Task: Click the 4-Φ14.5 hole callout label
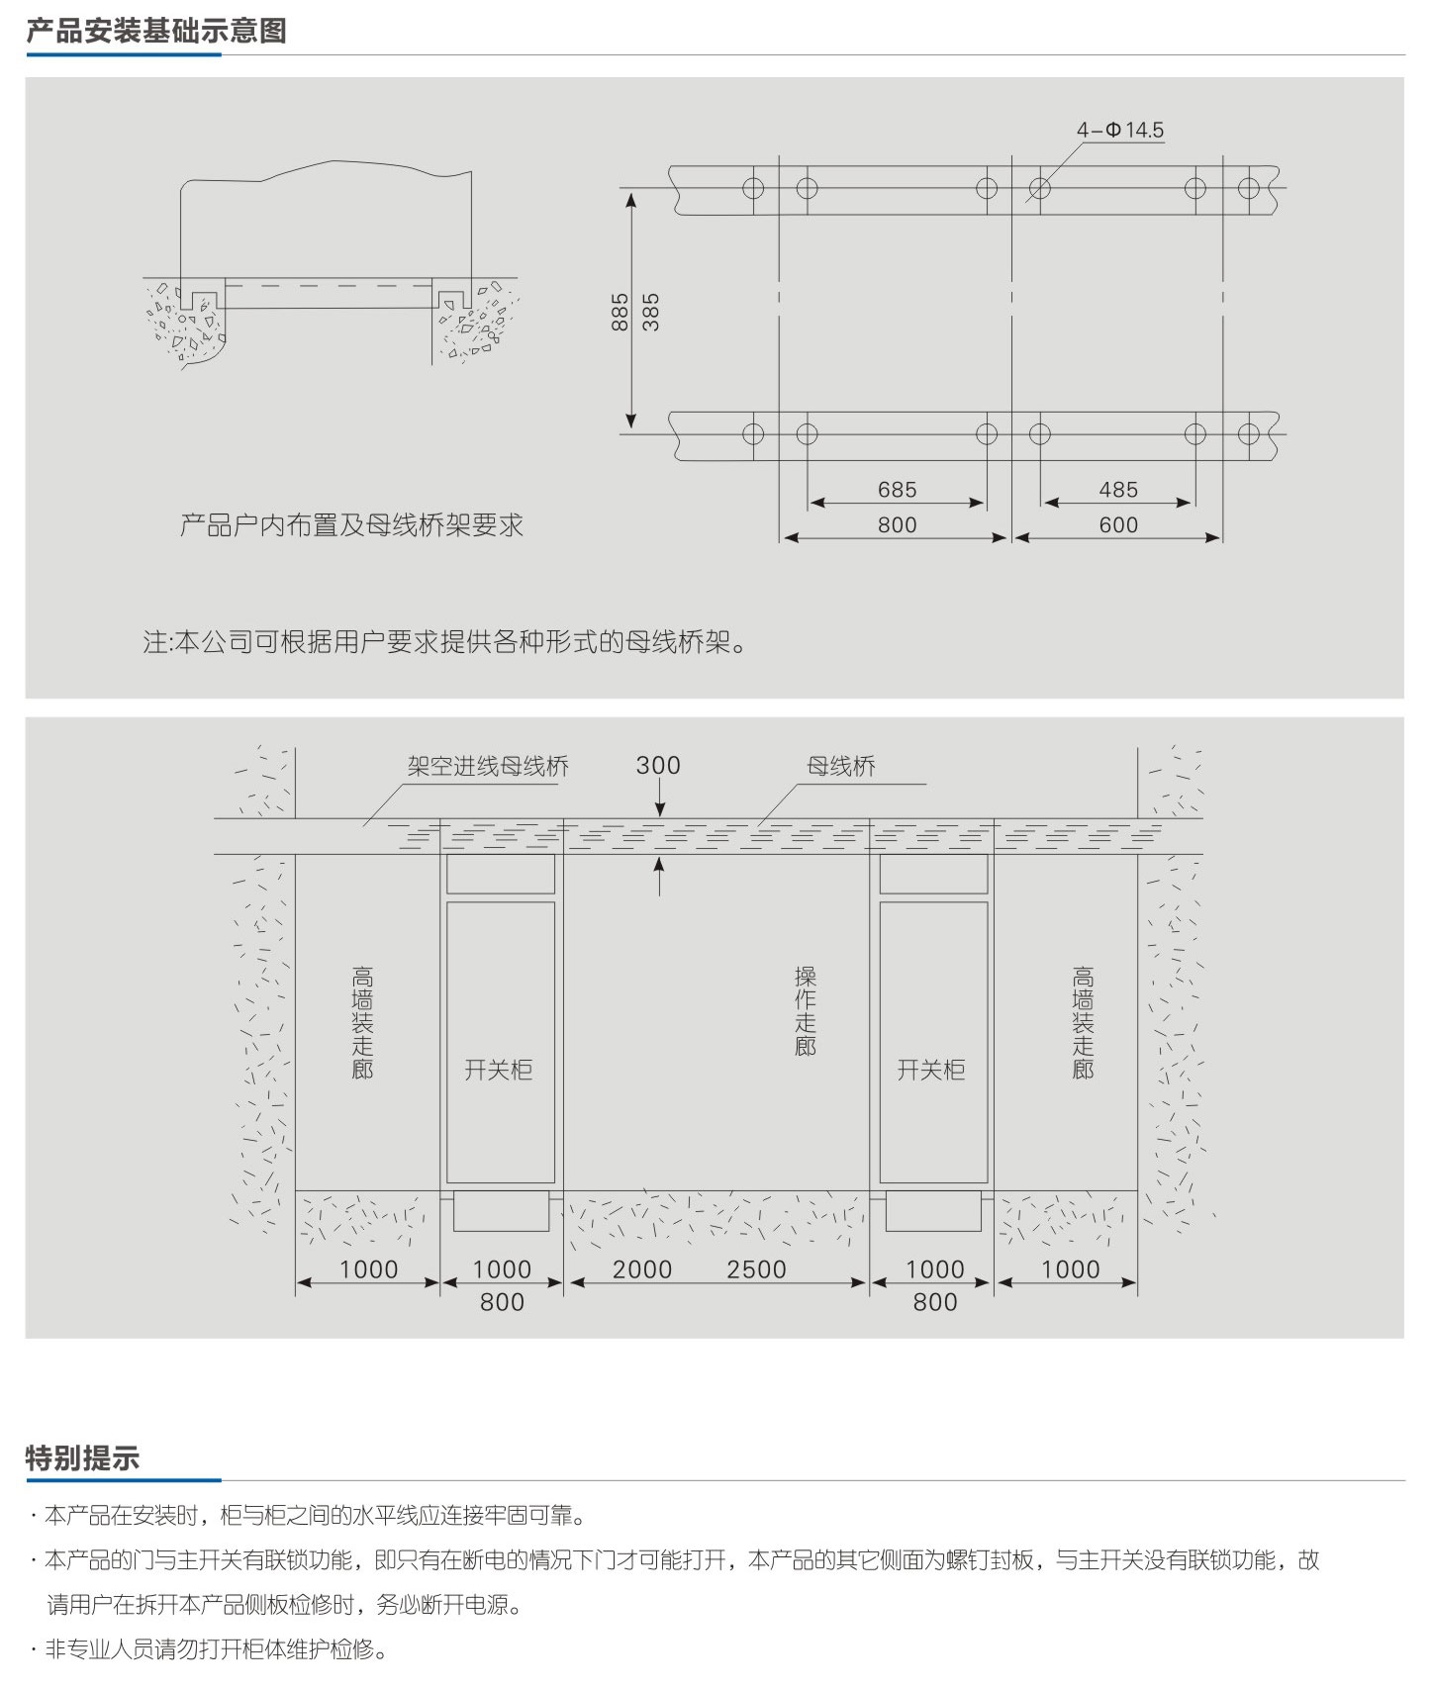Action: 1120,130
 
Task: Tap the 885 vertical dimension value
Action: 621,312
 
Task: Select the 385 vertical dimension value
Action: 650,312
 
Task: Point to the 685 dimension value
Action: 897,490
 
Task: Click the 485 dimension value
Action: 1118,490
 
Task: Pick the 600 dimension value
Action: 1118,525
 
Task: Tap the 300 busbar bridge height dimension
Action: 658,765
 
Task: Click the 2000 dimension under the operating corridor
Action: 642,1269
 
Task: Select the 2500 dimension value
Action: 757,1269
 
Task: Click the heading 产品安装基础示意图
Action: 156,31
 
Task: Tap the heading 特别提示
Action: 83,1458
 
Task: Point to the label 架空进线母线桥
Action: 488,766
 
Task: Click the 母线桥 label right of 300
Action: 841,766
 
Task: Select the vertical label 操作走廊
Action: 806,1010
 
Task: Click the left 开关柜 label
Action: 499,1070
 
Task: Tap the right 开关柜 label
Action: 931,1070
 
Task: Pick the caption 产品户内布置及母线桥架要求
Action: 351,525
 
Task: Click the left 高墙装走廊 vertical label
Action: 363,1022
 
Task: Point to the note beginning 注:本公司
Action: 444,642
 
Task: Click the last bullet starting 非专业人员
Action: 209,1649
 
